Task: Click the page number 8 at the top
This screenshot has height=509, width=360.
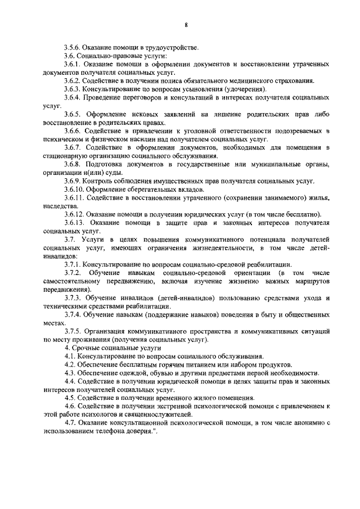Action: pos(185,25)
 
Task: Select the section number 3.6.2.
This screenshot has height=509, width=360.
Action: pos(74,81)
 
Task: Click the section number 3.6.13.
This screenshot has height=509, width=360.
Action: pos(76,223)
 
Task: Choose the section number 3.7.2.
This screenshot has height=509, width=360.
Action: pos(74,273)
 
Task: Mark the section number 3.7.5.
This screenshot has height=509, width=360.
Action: pos(74,332)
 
